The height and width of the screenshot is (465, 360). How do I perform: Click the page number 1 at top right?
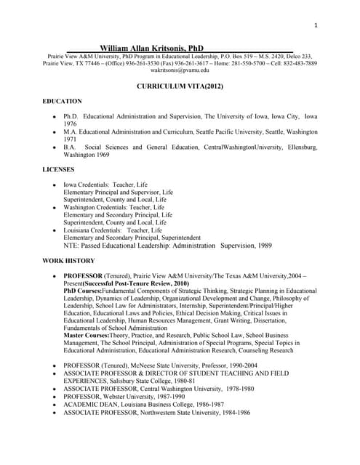316,26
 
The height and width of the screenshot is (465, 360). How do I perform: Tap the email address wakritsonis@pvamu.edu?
180,70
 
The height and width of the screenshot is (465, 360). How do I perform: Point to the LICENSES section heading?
59,169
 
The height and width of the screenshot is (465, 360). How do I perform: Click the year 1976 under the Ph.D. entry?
71,124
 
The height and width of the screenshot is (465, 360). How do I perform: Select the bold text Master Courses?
91,335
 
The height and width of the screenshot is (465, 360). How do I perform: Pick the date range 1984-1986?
235,412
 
